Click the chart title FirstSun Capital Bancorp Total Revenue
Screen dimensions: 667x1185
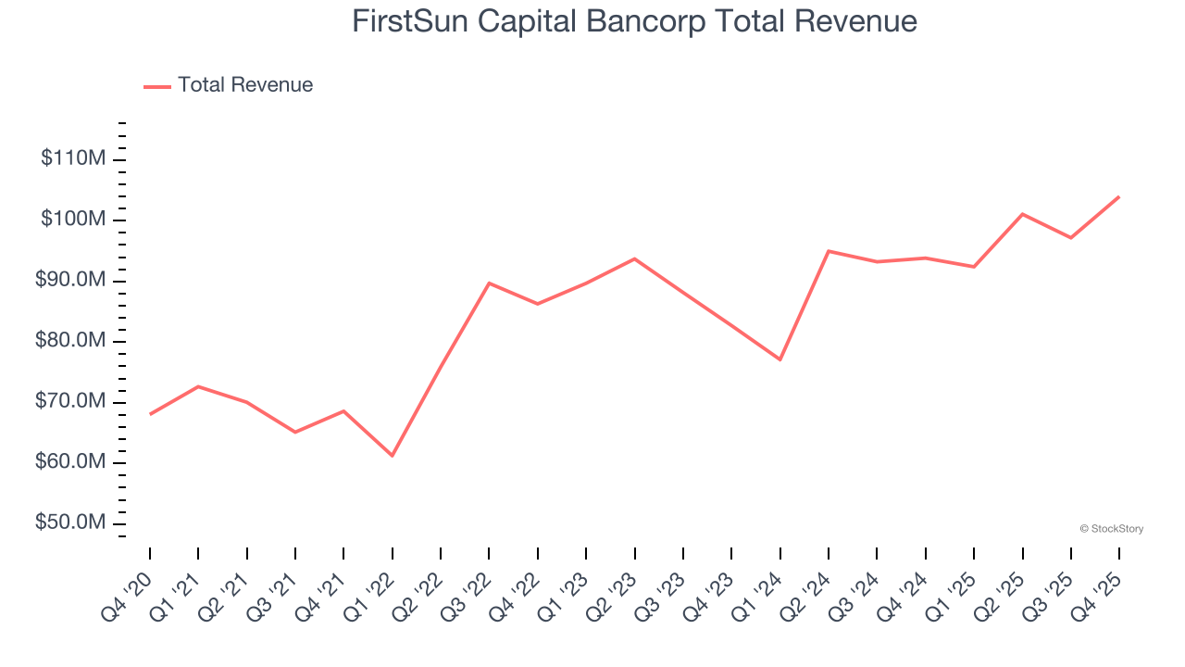[634, 21]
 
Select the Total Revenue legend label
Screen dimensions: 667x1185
[245, 85]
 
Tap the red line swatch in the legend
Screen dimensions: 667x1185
[157, 86]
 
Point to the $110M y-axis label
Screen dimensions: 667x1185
[73, 158]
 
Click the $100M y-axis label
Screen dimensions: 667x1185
[73, 220]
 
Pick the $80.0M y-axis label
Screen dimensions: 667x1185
[70, 341]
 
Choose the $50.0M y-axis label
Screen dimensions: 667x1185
[70, 522]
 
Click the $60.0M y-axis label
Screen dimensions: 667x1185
[70, 462]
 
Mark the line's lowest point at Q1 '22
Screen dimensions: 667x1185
[393, 456]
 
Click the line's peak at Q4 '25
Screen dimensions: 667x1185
[1119, 196]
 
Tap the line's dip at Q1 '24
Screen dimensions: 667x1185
[780, 359]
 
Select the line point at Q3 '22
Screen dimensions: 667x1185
[489, 283]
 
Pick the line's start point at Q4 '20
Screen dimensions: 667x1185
[150, 414]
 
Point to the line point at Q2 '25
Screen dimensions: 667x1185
[1022, 214]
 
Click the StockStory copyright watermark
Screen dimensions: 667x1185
[1111, 529]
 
